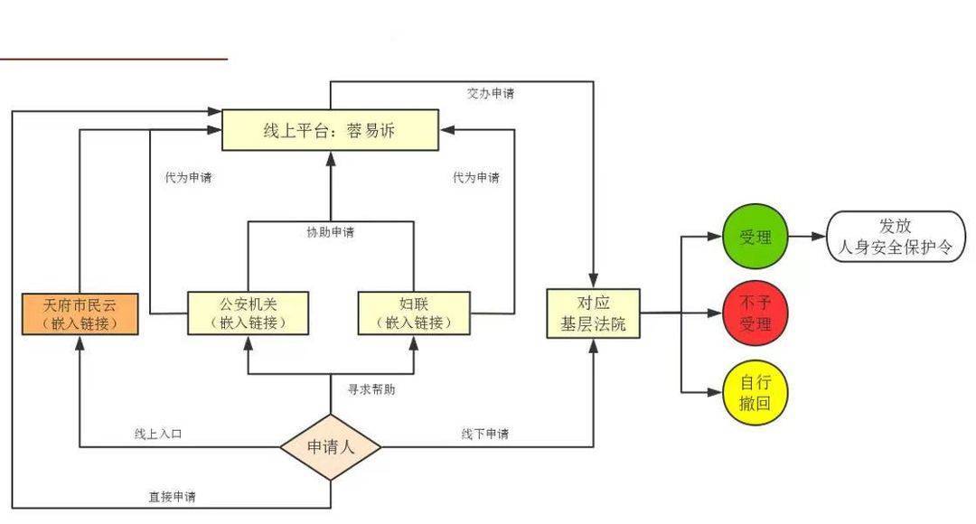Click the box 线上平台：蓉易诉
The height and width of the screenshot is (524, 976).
[331, 130]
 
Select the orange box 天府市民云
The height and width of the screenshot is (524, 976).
[80, 314]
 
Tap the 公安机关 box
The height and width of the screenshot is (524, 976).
[248, 313]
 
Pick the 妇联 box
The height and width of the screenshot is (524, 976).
[414, 313]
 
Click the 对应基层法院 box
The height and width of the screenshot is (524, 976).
[593, 313]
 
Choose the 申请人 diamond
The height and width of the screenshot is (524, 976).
[331, 447]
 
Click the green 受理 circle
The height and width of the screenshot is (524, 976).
[755, 237]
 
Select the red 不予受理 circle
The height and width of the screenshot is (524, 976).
[755, 313]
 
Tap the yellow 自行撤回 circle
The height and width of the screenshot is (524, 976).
[755, 393]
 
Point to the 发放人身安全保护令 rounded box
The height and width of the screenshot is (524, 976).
[896, 237]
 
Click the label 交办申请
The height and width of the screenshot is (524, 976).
[491, 93]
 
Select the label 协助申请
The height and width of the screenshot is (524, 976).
[331, 232]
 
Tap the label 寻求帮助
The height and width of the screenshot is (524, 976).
[371, 389]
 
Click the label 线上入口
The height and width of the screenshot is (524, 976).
[158, 434]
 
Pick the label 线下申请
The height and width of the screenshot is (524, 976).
[485, 434]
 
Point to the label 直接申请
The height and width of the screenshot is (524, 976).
[172, 497]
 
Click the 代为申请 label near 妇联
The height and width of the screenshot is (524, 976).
[476, 177]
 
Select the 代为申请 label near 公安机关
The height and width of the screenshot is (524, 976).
[188, 177]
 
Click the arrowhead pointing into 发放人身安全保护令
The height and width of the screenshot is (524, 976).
[819, 237]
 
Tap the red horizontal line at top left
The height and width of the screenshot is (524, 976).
[114, 59]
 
